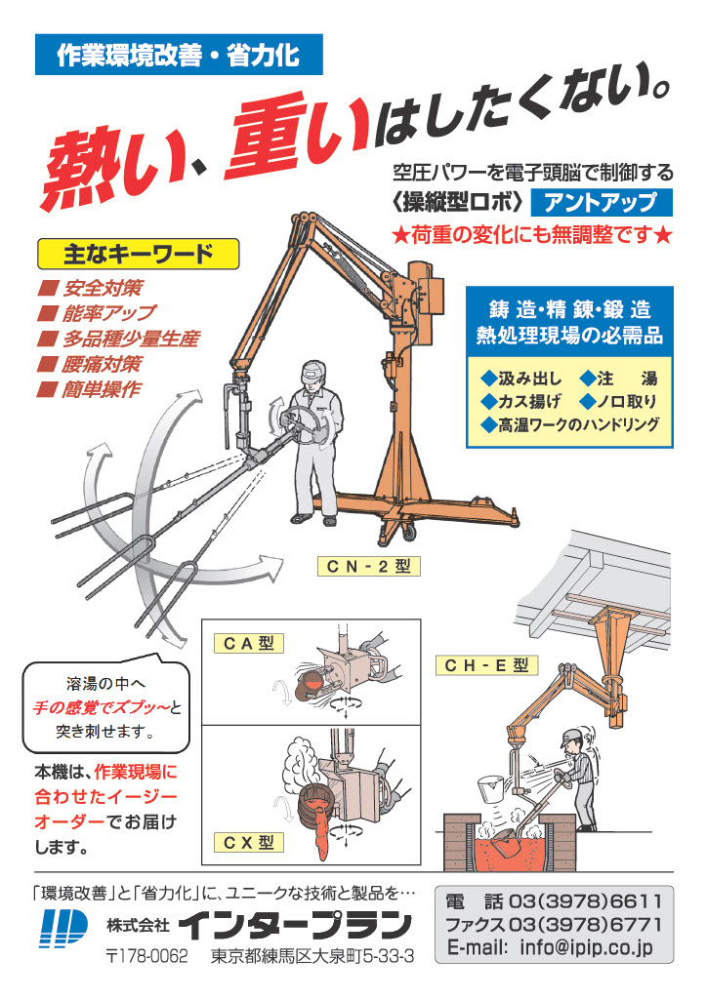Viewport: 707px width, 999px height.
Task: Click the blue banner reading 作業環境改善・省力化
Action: click(x=179, y=55)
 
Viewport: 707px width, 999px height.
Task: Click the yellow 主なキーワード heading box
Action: click(x=139, y=255)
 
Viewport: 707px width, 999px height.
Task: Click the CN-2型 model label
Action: click(x=369, y=566)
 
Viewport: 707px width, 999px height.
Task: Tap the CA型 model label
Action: click(x=249, y=644)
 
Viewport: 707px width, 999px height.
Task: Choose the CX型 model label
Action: click(x=249, y=842)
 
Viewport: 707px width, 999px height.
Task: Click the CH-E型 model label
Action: click(x=487, y=665)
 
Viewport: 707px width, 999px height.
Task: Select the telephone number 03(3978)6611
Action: click(x=585, y=901)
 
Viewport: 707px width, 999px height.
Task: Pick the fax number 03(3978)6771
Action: click(x=585, y=924)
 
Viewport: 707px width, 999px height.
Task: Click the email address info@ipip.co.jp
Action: click(x=587, y=946)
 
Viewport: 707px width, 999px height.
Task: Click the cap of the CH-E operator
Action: click(x=571, y=739)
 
